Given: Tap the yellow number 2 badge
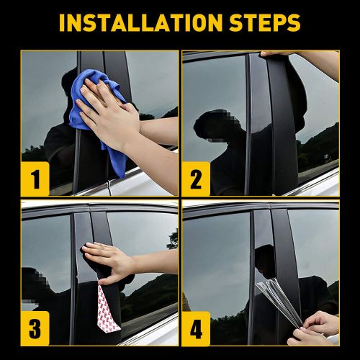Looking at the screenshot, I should pos(196,179).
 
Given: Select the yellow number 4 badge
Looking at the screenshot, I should pos(196,330).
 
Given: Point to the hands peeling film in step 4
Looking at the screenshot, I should pos(317,328).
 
